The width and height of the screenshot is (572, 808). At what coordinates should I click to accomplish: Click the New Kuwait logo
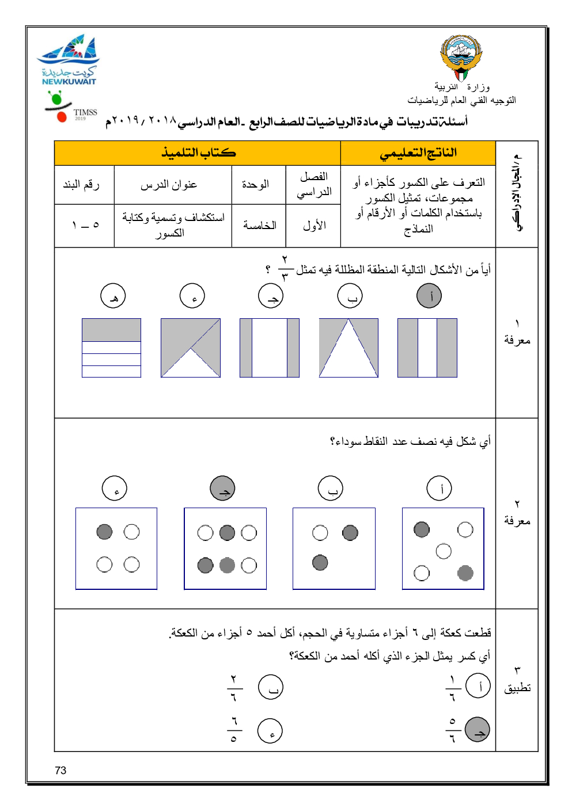point(69,60)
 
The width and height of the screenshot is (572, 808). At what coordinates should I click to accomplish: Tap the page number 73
point(60,771)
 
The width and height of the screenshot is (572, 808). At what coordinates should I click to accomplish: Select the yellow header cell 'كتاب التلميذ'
point(198,153)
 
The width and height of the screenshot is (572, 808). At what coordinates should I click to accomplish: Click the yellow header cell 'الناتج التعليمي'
point(418,153)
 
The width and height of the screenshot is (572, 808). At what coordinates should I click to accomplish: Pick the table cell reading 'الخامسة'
point(259,226)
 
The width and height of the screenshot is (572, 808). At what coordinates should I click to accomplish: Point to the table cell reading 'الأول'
point(314,226)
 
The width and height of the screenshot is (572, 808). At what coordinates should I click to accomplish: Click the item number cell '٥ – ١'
point(85,225)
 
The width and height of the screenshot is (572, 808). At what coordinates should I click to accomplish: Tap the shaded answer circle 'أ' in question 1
point(429,296)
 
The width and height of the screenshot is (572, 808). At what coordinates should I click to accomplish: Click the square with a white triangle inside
point(348,348)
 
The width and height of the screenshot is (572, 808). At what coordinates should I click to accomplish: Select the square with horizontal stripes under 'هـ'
point(111,348)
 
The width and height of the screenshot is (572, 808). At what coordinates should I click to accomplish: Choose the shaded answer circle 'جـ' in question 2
point(223,488)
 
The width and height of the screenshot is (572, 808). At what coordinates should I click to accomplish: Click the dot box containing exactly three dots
point(334,548)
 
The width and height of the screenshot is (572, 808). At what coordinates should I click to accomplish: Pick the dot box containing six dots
point(225,548)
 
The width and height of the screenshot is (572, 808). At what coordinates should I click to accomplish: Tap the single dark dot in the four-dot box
point(104,532)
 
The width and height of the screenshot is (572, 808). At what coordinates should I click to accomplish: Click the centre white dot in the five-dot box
point(444,551)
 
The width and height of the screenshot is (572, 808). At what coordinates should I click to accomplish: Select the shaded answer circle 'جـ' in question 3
point(477,730)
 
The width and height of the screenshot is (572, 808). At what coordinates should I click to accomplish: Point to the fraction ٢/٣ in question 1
point(285,268)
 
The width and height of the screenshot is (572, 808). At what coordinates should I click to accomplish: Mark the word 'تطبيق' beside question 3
point(517,688)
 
